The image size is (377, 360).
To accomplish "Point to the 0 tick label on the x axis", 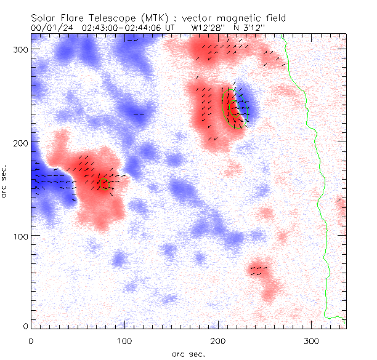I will pos(31,340).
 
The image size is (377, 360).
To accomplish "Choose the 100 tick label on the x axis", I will pos(124,340).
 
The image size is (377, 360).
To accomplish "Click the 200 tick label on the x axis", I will pos(218,340).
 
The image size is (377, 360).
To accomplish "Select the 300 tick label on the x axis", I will pos(312,340).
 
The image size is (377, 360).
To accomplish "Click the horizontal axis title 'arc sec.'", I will pos(188,354).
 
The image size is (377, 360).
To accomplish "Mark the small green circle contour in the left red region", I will pos(103,183).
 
